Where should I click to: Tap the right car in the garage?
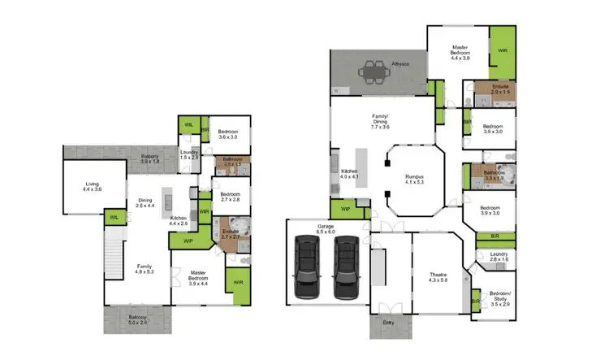[x=346, y=265]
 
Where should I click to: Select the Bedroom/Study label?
[x=500, y=299]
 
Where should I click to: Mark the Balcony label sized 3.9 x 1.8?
[x=150, y=159]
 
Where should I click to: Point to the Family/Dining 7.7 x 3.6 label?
[x=380, y=124]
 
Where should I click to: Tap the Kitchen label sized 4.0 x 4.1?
[x=349, y=173]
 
